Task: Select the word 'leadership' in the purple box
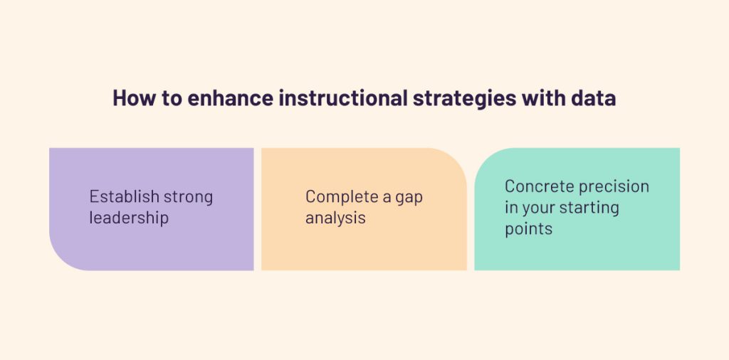pyautogui.click(x=129, y=218)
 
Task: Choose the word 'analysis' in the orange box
pyautogui.click(x=335, y=218)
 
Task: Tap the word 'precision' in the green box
pyautogui.click(x=613, y=187)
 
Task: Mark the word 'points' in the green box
pyautogui.click(x=529, y=229)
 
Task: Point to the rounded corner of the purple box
pyautogui.click(x=61, y=259)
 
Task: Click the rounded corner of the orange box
pyautogui.click(x=456, y=159)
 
